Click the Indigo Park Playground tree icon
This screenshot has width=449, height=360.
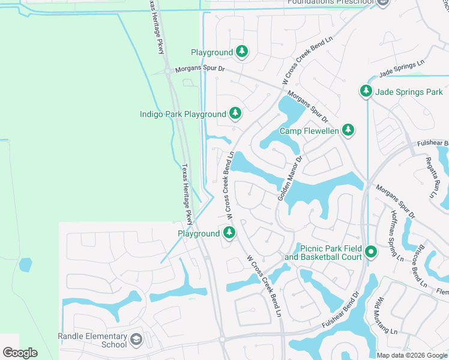click(x=236, y=113)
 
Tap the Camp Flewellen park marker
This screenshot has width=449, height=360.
click(x=348, y=130)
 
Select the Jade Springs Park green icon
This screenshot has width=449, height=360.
click(x=366, y=91)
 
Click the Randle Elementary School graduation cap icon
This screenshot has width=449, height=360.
click(x=136, y=340)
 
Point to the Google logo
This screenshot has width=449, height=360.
click(x=20, y=352)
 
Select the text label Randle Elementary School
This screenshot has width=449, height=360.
click(x=92, y=340)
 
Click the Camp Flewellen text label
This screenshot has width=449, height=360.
click(x=309, y=131)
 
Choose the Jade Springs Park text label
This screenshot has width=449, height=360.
click(x=409, y=92)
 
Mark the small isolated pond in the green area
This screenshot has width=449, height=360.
click(x=25, y=264)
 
